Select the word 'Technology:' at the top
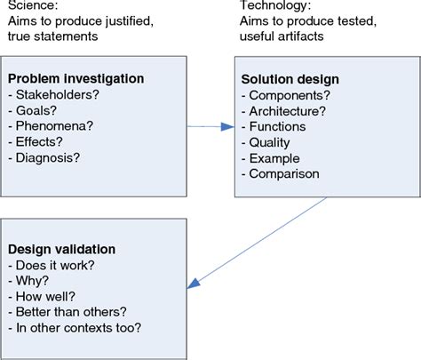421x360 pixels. point(268,6)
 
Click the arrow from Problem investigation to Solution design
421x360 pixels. point(208,127)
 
